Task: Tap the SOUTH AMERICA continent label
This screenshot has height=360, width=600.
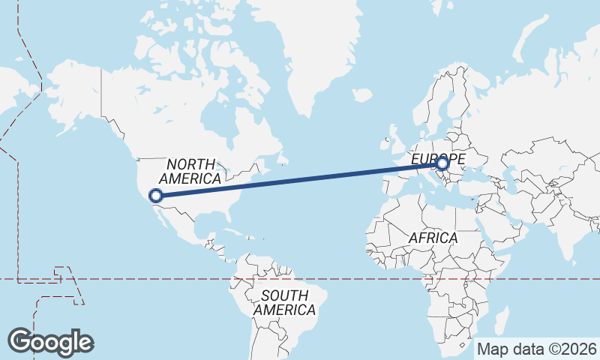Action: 284,302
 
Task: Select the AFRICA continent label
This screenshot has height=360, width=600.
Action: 433,238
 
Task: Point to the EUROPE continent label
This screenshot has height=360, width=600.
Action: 438,159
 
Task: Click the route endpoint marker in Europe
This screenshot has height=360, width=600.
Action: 442,163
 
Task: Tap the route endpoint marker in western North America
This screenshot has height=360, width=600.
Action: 156,196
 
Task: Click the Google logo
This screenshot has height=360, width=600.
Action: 51,341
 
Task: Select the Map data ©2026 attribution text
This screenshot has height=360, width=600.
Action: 537,349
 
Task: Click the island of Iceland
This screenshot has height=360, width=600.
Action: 363,96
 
